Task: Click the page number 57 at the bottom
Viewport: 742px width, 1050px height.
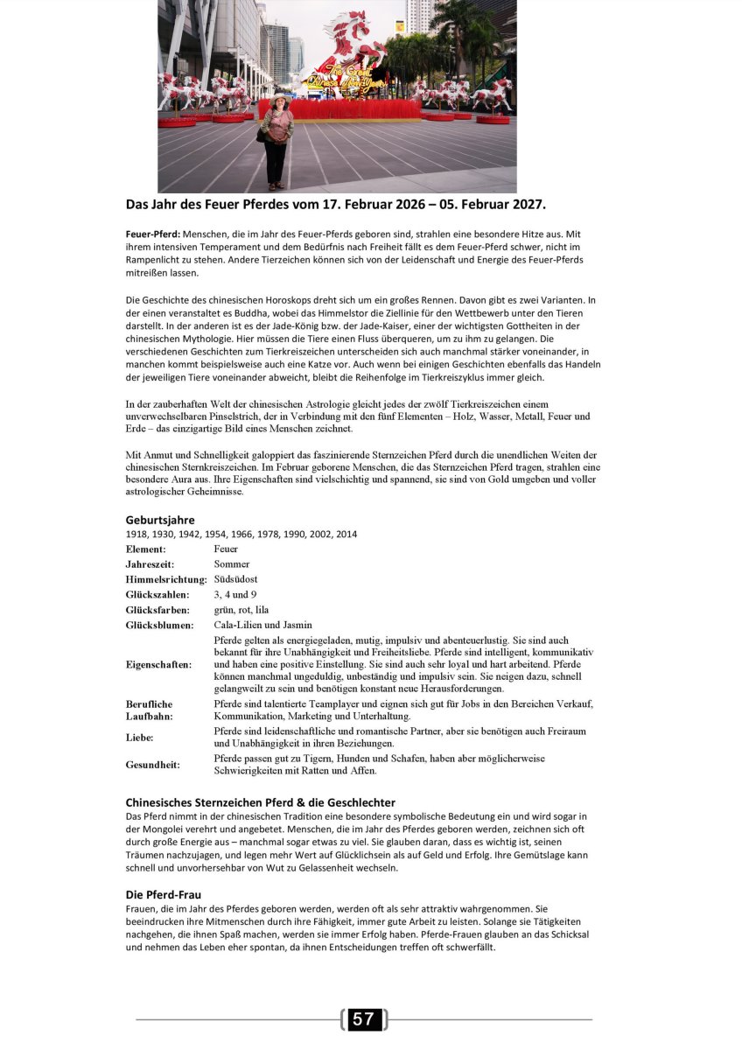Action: pos(363,1019)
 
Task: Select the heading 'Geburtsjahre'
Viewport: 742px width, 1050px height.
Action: pos(160,520)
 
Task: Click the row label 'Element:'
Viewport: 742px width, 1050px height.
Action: pos(145,549)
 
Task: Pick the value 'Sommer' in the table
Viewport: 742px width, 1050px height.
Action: pos(232,564)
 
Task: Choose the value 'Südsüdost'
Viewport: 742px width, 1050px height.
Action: pos(235,579)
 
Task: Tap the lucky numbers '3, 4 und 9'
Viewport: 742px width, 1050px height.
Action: pos(235,594)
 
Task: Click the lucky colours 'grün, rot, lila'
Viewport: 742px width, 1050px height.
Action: pos(241,610)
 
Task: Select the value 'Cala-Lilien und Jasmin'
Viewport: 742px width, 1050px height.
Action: pos(262,625)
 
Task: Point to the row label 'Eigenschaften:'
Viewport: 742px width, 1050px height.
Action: pos(158,665)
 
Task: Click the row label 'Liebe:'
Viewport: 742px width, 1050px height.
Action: pos(139,738)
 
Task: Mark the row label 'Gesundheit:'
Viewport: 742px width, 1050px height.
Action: pos(152,765)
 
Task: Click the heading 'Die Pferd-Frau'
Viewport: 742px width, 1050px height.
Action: pos(164,895)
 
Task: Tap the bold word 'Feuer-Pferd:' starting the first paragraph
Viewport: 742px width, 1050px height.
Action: pos(153,234)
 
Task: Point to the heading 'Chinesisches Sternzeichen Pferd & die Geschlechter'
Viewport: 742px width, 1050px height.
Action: pos(260,802)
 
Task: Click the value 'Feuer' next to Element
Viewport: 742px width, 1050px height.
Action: pos(226,549)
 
